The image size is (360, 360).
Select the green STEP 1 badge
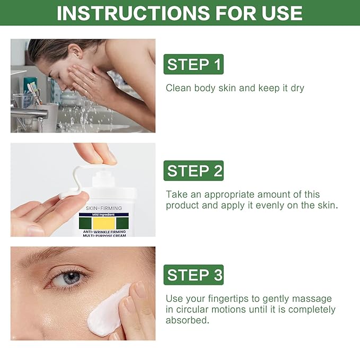tap(194, 65)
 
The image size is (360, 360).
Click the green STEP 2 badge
tap(194, 171)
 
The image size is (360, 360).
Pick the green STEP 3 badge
tap(194, 275)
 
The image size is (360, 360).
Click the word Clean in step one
tap(179, 88)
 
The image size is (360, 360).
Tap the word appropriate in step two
tap(229, 195)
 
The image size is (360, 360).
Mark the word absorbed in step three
tap(186, 320)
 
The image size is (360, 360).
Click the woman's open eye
tap(71, 277)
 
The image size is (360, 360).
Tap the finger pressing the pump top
tap(101, 154)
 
